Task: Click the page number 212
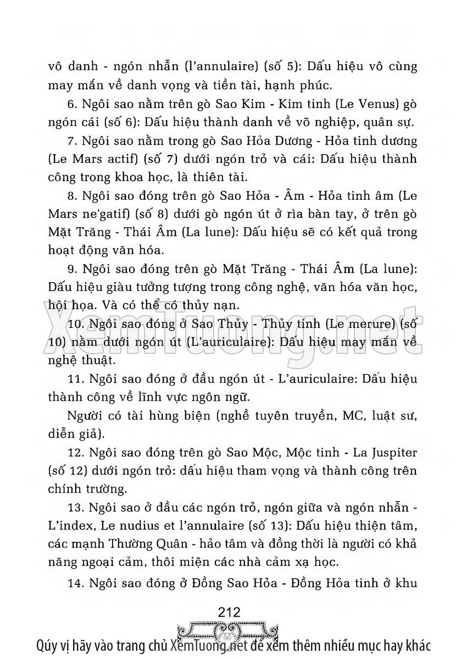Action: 229,611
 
